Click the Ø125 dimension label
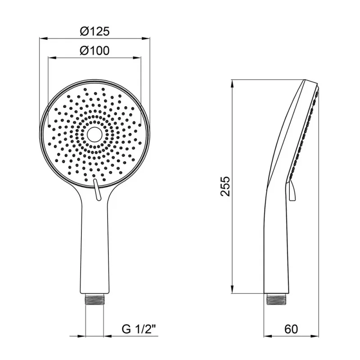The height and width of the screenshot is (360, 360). (x=95, y=31)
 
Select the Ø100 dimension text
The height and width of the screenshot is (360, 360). (x=94, y=51)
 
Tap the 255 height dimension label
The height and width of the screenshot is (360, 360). (x=225, y=186)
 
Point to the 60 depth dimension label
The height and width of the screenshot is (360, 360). (x=291, y=329)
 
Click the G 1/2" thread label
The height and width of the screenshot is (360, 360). (x=139, y=329)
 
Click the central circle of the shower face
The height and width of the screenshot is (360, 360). (x=94, y=135)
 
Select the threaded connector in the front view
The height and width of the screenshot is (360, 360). (x=94, y=299)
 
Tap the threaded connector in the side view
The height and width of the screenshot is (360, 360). (x=276, y=299)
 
